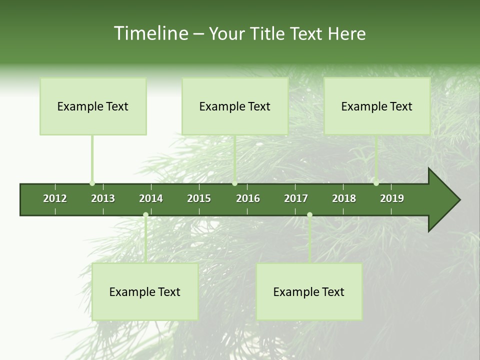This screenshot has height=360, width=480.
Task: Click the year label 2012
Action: click(x=55, y=198)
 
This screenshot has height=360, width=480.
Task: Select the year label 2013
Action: click(x=103, y=198)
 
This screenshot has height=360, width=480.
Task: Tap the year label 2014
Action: click(x=151, y=198)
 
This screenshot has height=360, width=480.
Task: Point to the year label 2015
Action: click(x=199, y=198)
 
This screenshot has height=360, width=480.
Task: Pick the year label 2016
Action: click(x=248, y=198)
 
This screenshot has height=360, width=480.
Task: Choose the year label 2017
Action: click(x=296, y=198)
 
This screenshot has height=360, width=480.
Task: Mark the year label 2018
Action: click(x=344, y=198)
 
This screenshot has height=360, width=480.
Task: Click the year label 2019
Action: click(x=392, y=198)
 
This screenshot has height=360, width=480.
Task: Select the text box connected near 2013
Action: click(x=93, y=106)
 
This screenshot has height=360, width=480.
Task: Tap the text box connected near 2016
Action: click(x=235, y=106)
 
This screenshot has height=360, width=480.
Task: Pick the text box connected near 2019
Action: click(x=377, y=106)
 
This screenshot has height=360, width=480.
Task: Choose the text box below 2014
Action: click(x=145, y=292)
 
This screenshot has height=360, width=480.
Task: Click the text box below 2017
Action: click(x=309, y=292)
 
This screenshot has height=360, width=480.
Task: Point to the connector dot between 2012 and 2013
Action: click(x=92, y=183)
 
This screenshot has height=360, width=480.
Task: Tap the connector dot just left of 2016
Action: click(x=235, y=183)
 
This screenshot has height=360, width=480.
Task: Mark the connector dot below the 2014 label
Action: click(x=145, y=215)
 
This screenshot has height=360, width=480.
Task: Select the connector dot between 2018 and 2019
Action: click(x=376, y=183)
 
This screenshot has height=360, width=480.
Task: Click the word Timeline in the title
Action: click(x=150, y=33)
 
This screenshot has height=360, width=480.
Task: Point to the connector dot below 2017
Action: click(x=309, y=215)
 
